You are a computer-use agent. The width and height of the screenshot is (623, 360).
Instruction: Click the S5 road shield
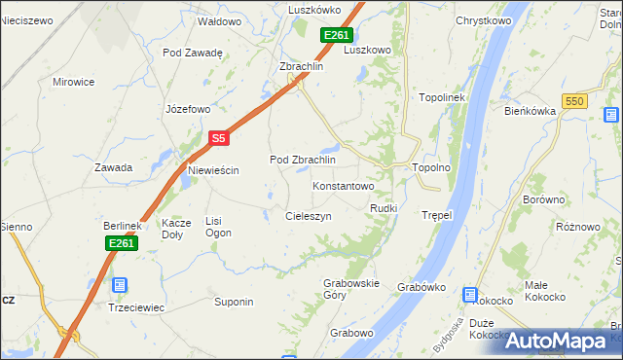point(219,139)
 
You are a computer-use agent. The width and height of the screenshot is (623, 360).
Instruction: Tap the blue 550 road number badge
point(575,101)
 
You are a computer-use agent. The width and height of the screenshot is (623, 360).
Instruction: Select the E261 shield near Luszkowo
point(336,35)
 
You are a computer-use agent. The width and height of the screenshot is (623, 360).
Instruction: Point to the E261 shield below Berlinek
point(121,243)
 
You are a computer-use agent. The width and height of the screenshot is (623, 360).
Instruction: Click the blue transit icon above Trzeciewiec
point(119,285)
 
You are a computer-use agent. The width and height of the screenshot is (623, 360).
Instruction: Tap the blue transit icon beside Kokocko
point(470,294)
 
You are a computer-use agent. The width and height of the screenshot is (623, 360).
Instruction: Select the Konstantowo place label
point(343,185)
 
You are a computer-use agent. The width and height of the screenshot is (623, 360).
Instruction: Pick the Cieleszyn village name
point(309,215)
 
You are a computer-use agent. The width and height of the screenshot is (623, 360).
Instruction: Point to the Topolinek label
point(444,98)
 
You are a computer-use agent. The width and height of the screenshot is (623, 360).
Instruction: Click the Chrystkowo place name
point(484,19)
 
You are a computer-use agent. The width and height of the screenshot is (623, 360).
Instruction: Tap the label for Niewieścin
point(213,170)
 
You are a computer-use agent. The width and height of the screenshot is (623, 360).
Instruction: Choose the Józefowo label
point(189,108)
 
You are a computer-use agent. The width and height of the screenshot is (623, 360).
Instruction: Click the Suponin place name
point(234,302)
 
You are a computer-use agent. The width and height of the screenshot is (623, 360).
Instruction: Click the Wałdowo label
point(219,20)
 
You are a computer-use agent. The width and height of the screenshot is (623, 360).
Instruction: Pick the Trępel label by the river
point(437,214)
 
